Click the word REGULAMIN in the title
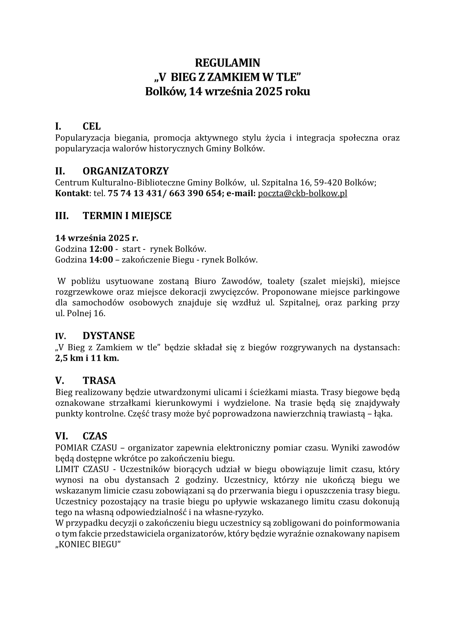click(227, 63)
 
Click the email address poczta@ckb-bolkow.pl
click(302, 194)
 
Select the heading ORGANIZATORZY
click(125, 171)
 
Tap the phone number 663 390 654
click(195, 194)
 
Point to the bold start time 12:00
click(101, 249)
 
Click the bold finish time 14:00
click(101, 260)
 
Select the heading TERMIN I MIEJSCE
click(127, 216)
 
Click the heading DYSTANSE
click(108, 335)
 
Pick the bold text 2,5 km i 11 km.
click(87, 358)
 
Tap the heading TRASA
click(99, 380)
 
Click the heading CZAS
click(95, 436)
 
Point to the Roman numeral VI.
click(61, 436)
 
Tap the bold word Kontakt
click(72, 194)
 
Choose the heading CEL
click(91, 126)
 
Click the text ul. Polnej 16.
click(80, 314)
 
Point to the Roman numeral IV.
click(61, 336)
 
